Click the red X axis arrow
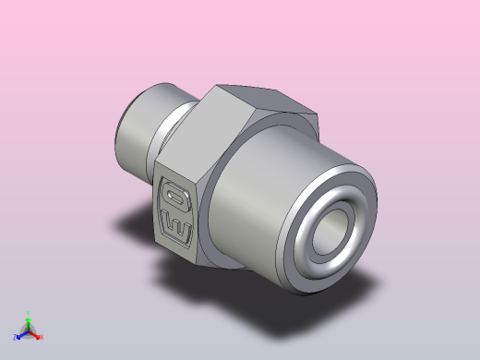36,335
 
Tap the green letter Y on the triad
29,315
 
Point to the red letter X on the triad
42,337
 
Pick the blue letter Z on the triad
16,339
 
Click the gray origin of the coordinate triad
28,332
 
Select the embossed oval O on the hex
176,197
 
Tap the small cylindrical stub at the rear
138,129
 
